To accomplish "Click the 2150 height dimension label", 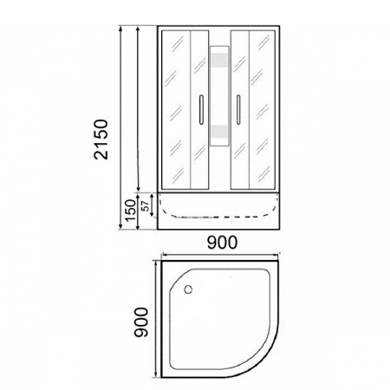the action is (x=101, y=140).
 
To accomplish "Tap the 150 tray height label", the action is (x=131, y=211).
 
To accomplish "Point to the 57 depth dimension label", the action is (x=146, y=205).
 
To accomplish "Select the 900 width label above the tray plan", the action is (x=222, y=243).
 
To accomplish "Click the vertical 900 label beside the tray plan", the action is (x=141, y=322).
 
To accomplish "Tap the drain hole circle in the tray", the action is (x=188, y=289).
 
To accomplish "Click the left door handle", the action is (x=201, y=110).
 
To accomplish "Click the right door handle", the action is (x=238, y=110).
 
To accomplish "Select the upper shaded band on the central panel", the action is (x=219, y=62).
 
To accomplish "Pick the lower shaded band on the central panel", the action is (x=219, y=133).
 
